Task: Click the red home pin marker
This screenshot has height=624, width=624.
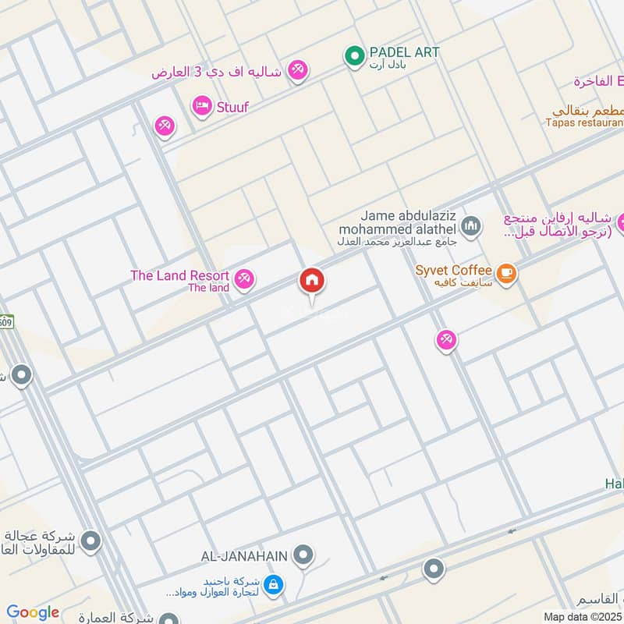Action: [x=312, y=281]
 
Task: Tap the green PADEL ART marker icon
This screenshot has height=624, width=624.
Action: [x=355, y=55]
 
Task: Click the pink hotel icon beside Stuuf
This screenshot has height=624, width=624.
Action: [x=202, y=105]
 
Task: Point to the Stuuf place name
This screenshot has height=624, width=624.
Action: [x=232, y=107]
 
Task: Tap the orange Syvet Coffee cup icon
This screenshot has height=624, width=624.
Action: [x=507, y=272]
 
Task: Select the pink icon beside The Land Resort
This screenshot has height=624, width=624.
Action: [x=245, y=278]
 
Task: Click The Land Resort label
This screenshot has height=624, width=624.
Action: [x=179, y=275]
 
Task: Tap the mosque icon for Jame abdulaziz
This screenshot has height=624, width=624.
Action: [x=470, y=227]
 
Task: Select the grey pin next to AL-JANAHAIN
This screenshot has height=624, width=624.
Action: [x=304, y=556]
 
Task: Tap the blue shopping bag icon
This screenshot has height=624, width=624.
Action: [x=273, y=583]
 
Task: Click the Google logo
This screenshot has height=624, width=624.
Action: [x=32, y=612]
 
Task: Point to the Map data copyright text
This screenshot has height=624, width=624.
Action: [x=583, y=616]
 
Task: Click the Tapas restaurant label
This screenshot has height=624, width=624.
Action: [x=584, y=122]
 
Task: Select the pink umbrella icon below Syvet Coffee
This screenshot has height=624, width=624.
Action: [x=446, y=339]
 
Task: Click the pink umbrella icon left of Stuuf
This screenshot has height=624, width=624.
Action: [x=165, y=126]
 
